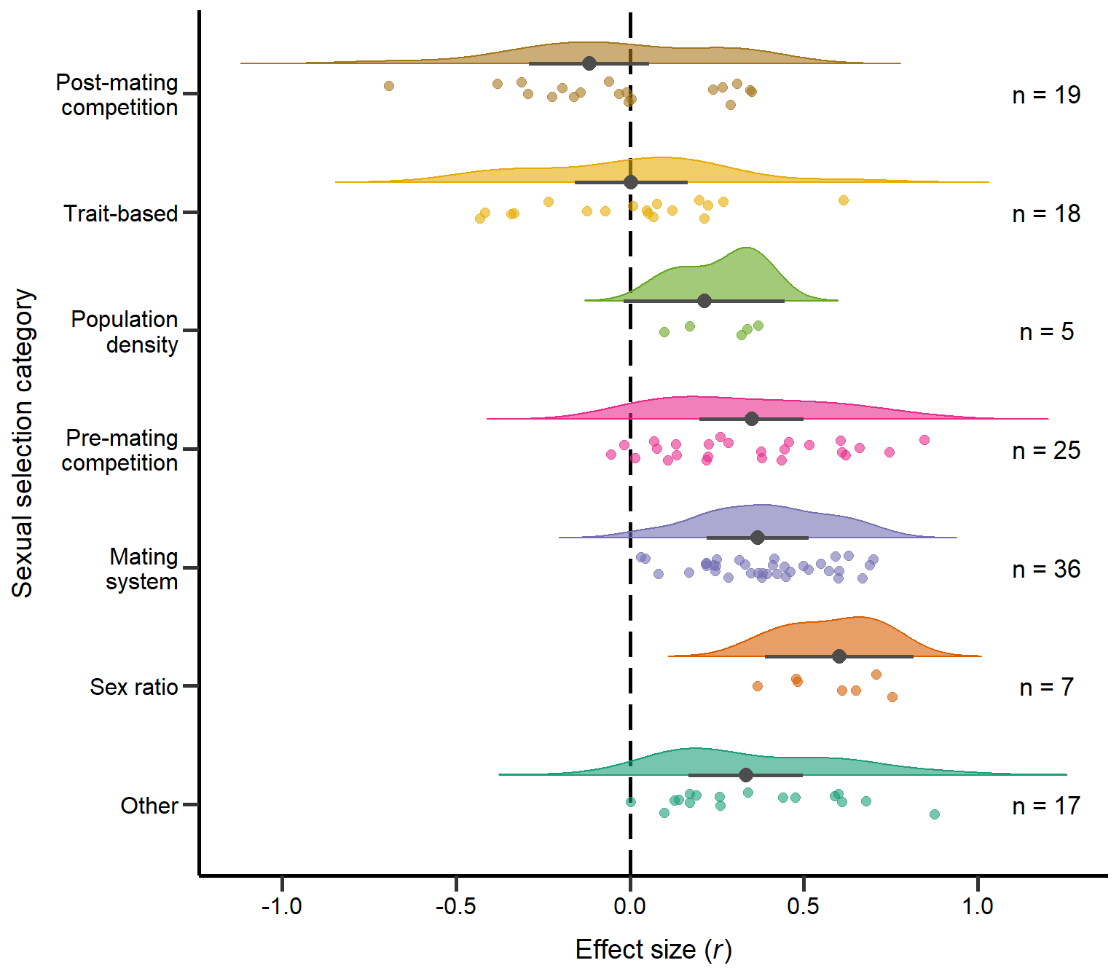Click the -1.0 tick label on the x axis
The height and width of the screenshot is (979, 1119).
tap(282, 906)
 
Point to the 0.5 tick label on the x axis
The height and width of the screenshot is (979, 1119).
tap(804, 906)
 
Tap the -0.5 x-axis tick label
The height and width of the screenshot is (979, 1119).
tap(455, 906)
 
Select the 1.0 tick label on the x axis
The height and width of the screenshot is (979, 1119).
tap(978, 906)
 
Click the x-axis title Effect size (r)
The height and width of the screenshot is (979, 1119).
tap(653, 950)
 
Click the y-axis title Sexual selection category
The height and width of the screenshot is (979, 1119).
tap(23, 443)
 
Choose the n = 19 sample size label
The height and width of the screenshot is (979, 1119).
tap(1046, 95)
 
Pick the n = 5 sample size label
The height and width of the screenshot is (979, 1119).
tap(1046, 332)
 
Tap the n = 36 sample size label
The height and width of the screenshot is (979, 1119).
tap(1046, 569)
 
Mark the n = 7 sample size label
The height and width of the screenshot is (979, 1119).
tap(1046, 687)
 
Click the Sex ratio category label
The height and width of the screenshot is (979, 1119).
tap(134, 687)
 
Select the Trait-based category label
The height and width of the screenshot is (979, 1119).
tap(121, 213)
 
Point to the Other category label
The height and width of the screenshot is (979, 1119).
tap(149, 806)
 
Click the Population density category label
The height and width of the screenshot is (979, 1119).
tap(125, 331)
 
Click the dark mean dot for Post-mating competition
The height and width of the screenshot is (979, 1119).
tap(589, 63)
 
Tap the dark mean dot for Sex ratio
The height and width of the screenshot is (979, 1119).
tap(839, 656)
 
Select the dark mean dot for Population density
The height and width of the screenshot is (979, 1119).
tap(704, 301)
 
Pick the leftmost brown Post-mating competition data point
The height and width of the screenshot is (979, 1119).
tap(389, 86)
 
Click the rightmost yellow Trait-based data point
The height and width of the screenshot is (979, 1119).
tap(844, 200)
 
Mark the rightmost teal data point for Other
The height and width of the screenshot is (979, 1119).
tap(935, 814)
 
